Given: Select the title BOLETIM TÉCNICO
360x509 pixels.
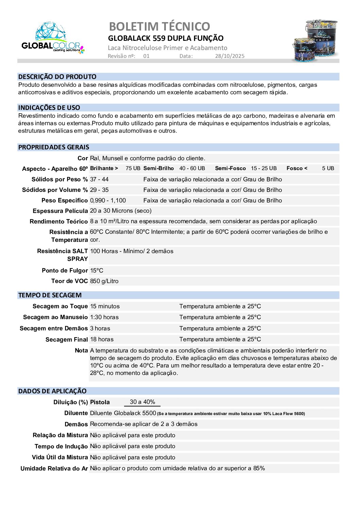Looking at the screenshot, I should (x=159, y=26).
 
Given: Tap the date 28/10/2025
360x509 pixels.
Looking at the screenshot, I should (x=229, y=56).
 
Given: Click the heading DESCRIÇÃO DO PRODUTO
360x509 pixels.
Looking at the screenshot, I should (x=57, y=77).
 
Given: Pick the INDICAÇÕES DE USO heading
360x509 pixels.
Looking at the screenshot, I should (x=49, y=108).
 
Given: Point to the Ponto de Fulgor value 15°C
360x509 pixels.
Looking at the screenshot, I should (x=97, y=270).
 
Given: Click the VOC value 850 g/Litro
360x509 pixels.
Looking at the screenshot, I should (x=104, y=281).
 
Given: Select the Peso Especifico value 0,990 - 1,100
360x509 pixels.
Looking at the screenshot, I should (x=108, y=200).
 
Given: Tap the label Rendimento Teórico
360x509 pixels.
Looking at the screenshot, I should (x=58, y=221).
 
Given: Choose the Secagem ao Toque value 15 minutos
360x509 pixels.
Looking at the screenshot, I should (x=105, y=306).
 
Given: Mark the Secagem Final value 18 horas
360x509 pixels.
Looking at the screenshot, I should (x=102, y=339).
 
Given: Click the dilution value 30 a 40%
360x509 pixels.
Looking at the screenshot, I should (x=142, y=402).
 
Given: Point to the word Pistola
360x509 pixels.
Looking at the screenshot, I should (x=100, y=402).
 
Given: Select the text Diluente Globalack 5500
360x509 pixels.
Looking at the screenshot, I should (x=123, y=413).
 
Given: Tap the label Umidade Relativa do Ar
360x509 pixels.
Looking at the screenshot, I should (x=54, y=469).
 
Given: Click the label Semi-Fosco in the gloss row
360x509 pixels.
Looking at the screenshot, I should (x=230, y=168).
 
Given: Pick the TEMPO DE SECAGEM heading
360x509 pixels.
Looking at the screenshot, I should (x=50, y=295).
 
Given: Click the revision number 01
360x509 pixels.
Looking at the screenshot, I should (x=146, y=56).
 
